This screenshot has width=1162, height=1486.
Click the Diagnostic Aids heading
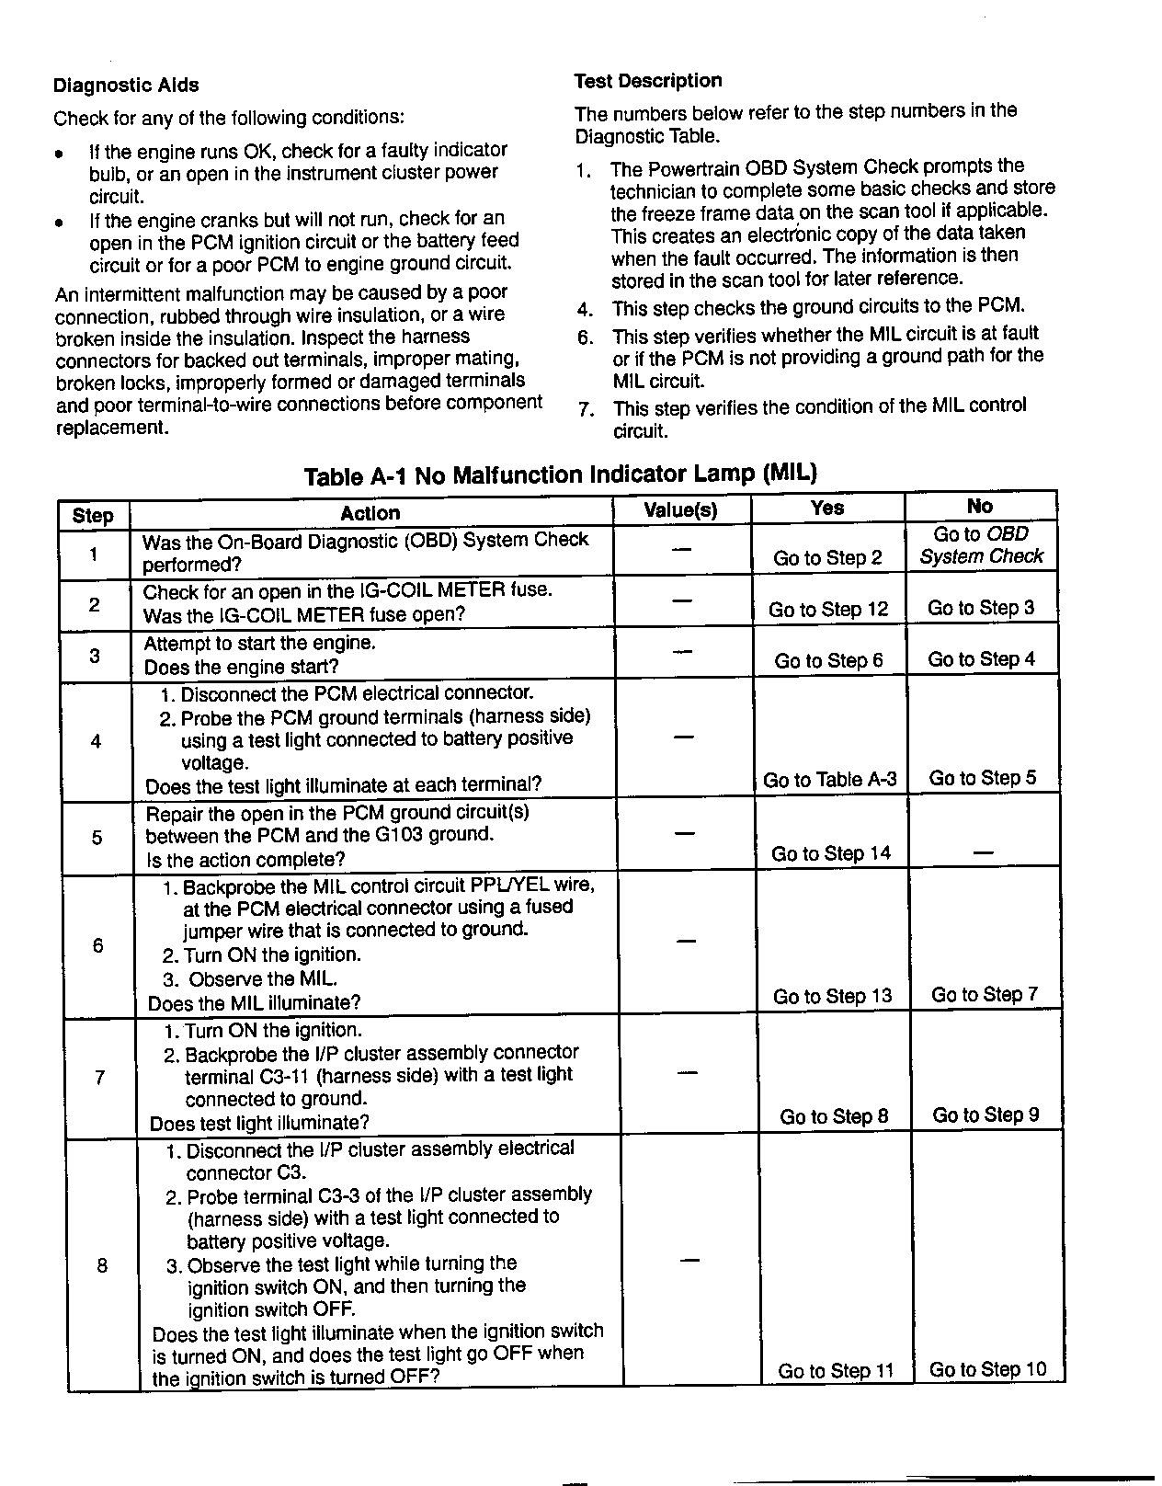(126, 86)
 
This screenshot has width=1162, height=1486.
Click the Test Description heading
(648, 81)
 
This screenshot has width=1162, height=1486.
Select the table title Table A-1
(560, 474)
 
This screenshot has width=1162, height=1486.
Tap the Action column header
(370, 513)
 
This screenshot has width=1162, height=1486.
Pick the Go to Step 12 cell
(828, 610)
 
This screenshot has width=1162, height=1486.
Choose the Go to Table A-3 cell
(829, 780)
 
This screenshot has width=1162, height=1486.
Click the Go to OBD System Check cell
(981, 545)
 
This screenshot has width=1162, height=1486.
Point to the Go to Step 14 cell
(831, 853)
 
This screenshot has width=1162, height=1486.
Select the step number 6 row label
(98, 945)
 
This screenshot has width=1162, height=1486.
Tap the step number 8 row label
(102, 1265)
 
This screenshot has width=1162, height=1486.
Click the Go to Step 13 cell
(832, 996)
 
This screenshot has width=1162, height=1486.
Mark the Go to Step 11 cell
(836, 1371)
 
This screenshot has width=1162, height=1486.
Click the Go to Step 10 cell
(987, 1369)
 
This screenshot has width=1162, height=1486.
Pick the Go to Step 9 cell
(985, 1115)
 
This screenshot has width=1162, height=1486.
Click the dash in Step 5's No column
(983, 853)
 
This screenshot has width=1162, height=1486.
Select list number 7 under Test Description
(586, 408)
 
